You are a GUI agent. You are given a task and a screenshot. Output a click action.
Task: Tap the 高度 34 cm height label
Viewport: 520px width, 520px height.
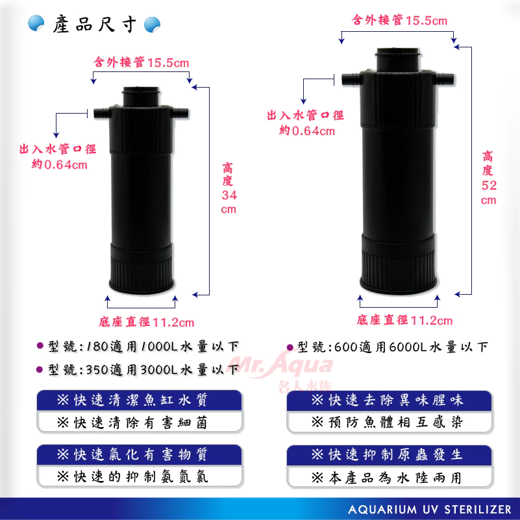click(x=228, y=188)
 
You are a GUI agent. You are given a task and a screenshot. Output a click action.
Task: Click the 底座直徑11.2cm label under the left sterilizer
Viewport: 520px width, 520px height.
click(x=147, y=321)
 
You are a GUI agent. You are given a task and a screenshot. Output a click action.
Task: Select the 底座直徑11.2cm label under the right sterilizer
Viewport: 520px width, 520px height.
click(x=404, y=320)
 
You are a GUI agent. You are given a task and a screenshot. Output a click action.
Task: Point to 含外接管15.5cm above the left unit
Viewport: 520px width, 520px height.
click(x=142, y=62)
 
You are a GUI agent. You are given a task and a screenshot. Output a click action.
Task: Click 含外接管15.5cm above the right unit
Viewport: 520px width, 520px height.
click(x=400, y=20)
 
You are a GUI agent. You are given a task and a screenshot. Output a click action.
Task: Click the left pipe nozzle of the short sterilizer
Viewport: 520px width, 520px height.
click(x=101, y=113)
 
